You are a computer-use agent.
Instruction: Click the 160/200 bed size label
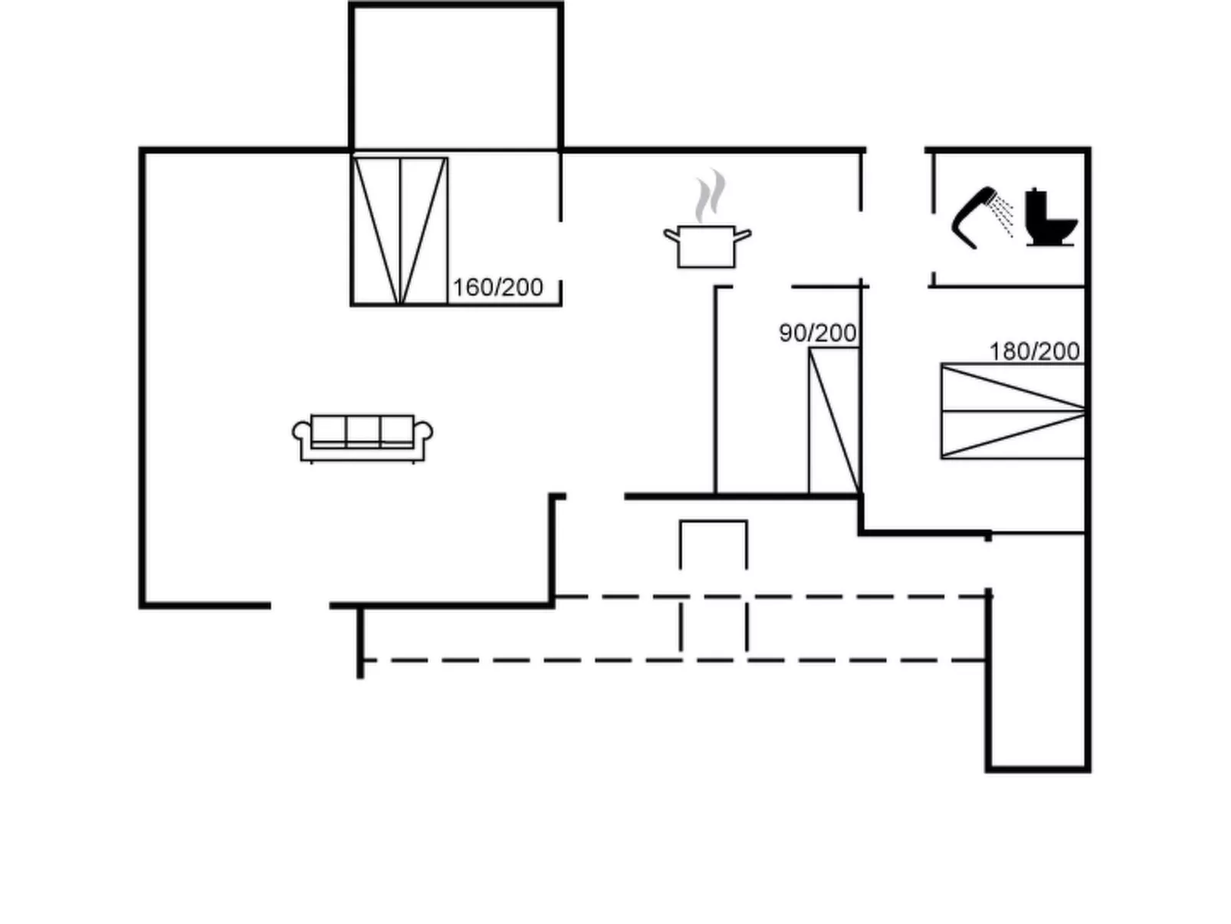[497, 288]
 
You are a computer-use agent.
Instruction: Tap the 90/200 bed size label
[817, 334]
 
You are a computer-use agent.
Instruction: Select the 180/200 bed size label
[1034, 351]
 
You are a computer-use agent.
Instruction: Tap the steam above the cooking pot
[711, 196]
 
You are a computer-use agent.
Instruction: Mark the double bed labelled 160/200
[399, 231]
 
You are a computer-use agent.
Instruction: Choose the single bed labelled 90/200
[834, 420]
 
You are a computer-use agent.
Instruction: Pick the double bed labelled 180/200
[1013, 411]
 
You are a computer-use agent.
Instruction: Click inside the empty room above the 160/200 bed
[456, 77]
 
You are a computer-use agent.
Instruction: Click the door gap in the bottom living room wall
[300, 606]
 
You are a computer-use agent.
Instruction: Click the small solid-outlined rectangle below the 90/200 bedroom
[713, 544]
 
